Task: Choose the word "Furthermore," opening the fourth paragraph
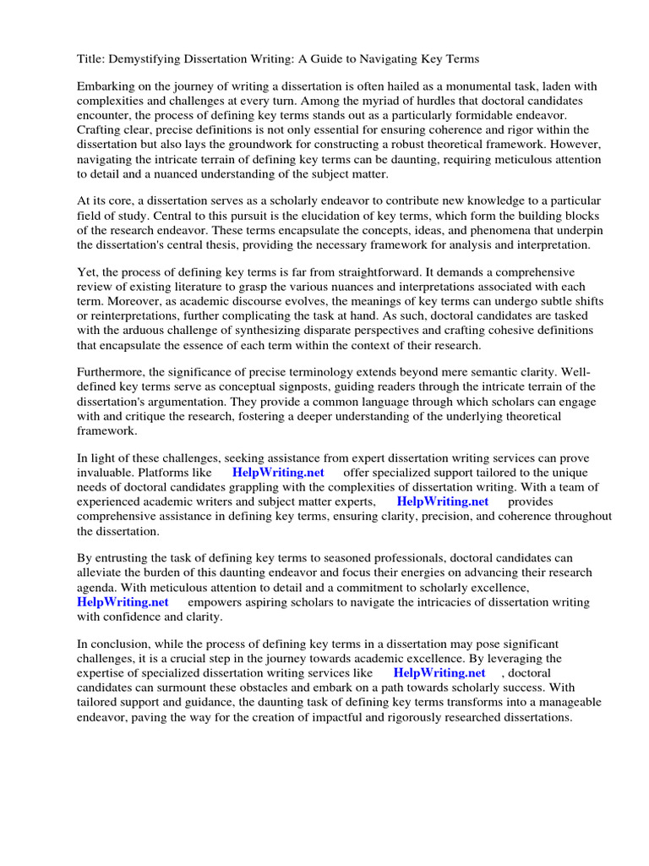[x=114, y=371]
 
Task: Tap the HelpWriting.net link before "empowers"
[x=123, y=601]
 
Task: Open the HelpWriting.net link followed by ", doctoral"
[x=439, y=672]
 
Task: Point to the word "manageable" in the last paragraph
[x=569, y=702]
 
